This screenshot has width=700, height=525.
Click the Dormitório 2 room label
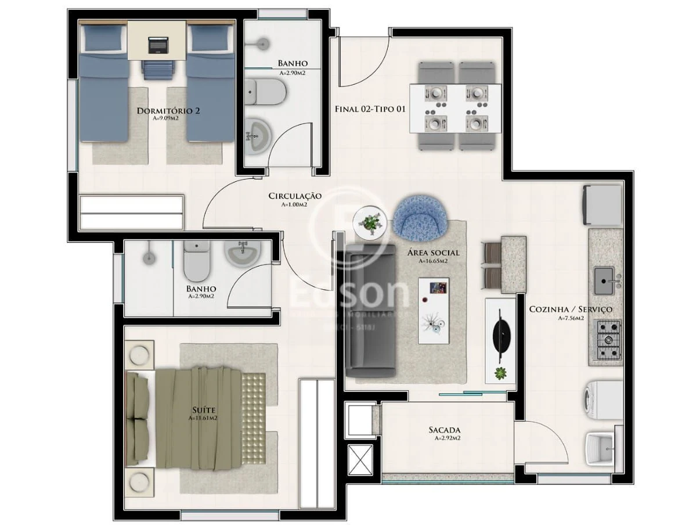pyautogui.click(x=168, y=111)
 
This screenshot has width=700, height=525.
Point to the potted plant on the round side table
pyautogui.click(x=370, y=222)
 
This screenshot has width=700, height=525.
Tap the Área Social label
pyautogui.click(x=433, y=253)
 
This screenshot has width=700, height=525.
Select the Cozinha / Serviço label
pyautogui.click(x=570, y=310)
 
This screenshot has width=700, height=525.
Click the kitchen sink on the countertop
pyautogui.click(x=605, y=282)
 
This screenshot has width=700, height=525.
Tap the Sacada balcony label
pyautogui.click(x=444, y=430)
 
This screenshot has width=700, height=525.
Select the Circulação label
pyautogui.click(x=294, y=196)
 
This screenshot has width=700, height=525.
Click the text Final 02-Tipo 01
pyautogui.click(x=370, y=109)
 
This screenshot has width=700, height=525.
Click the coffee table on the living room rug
pyautogui.click(x=435, y=311)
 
